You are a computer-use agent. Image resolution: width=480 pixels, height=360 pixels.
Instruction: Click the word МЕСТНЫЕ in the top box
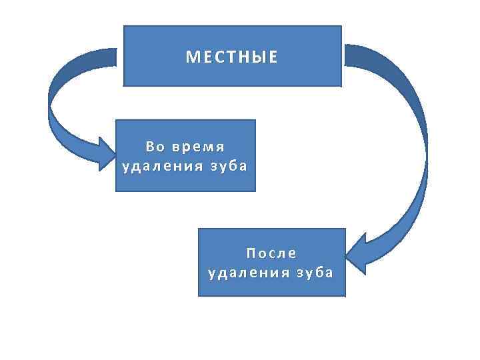pos(231,57)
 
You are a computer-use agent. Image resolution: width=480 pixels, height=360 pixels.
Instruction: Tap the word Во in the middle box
pos(155,146)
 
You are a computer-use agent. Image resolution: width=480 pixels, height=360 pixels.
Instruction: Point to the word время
pos(198,146)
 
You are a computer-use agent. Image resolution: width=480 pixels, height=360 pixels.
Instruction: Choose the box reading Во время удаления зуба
pos(185,179)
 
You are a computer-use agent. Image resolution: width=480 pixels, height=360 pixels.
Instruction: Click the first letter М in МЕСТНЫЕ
pos(191,57)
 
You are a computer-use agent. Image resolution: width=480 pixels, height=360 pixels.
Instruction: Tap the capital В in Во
pos(150,146)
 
